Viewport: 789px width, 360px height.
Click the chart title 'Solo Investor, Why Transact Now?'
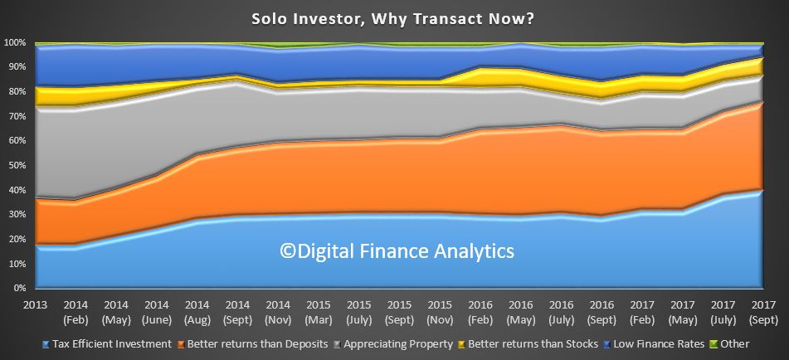click(393, 19)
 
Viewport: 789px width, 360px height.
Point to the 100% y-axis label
click(15, 43)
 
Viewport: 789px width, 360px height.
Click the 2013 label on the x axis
click(36, 305)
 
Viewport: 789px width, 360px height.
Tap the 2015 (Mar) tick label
click(318, 312)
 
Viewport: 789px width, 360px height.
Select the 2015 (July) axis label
click(358, 312)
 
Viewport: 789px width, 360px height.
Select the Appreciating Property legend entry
click(394, 344)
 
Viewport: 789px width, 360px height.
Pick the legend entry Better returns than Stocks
click(528, 344)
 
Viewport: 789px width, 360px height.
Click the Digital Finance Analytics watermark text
click(397, 251)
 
